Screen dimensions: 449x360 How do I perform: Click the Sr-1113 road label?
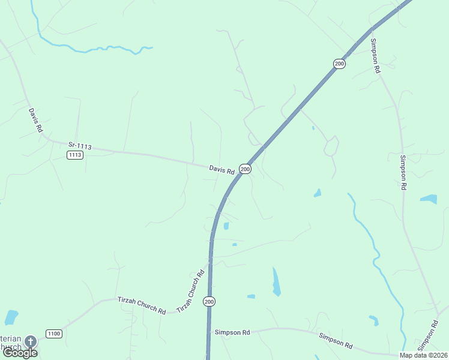(79, 145)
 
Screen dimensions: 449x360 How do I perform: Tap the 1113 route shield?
(75, 155)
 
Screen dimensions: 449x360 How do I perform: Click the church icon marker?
(30, 341)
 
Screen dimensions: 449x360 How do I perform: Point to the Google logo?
(20, 353)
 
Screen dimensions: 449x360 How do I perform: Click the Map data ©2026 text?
(424, 355)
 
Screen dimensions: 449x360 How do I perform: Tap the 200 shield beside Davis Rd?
(245, 169)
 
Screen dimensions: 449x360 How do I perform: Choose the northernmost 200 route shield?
(340, 64)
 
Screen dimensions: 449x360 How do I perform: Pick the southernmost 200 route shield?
(208, 301)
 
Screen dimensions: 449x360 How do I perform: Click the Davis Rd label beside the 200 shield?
(221, 170)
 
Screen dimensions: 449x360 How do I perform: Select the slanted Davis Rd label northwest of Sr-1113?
(35, 120)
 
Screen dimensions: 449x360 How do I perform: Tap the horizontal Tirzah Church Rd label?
(141, 305)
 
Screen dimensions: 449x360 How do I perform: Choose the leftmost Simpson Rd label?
(232, 332)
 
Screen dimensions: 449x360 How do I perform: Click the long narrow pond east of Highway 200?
(276, 281)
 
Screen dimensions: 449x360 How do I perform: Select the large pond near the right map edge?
(429, 199)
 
